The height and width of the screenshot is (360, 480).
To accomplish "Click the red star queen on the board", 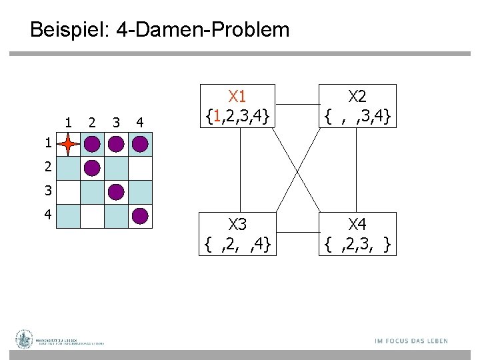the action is point(69,144).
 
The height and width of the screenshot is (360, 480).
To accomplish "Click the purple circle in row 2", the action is point(92,168).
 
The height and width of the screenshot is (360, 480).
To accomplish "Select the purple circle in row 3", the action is point(116,192).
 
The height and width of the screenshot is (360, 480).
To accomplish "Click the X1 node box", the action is point(238,105).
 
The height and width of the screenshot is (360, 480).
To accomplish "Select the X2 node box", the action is point(358,105).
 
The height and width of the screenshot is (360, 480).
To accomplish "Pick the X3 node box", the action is point(238,233).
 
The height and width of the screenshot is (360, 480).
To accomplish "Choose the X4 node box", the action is point(358,233).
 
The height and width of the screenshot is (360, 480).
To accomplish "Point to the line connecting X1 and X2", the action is point(297,105).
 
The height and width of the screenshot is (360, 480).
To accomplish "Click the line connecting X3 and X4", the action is point(297,233).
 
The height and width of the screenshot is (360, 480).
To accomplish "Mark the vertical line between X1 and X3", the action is point(238,168).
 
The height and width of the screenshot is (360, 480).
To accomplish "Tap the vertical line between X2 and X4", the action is point(358,168).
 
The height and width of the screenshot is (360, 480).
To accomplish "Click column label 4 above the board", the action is point(139,122).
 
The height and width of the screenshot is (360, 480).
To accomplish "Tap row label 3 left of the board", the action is point(47,191).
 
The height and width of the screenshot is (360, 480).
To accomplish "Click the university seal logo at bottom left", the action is point(25,339).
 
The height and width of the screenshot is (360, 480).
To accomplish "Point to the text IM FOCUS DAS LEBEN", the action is point(411,341).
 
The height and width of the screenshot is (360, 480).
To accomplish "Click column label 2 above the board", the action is point(92,122).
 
